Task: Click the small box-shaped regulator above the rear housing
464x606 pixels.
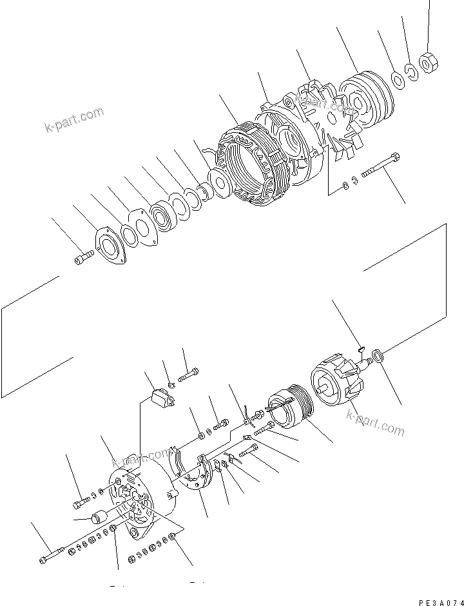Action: [x=162, y=398]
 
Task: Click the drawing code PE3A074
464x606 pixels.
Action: [x=440, y=601]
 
